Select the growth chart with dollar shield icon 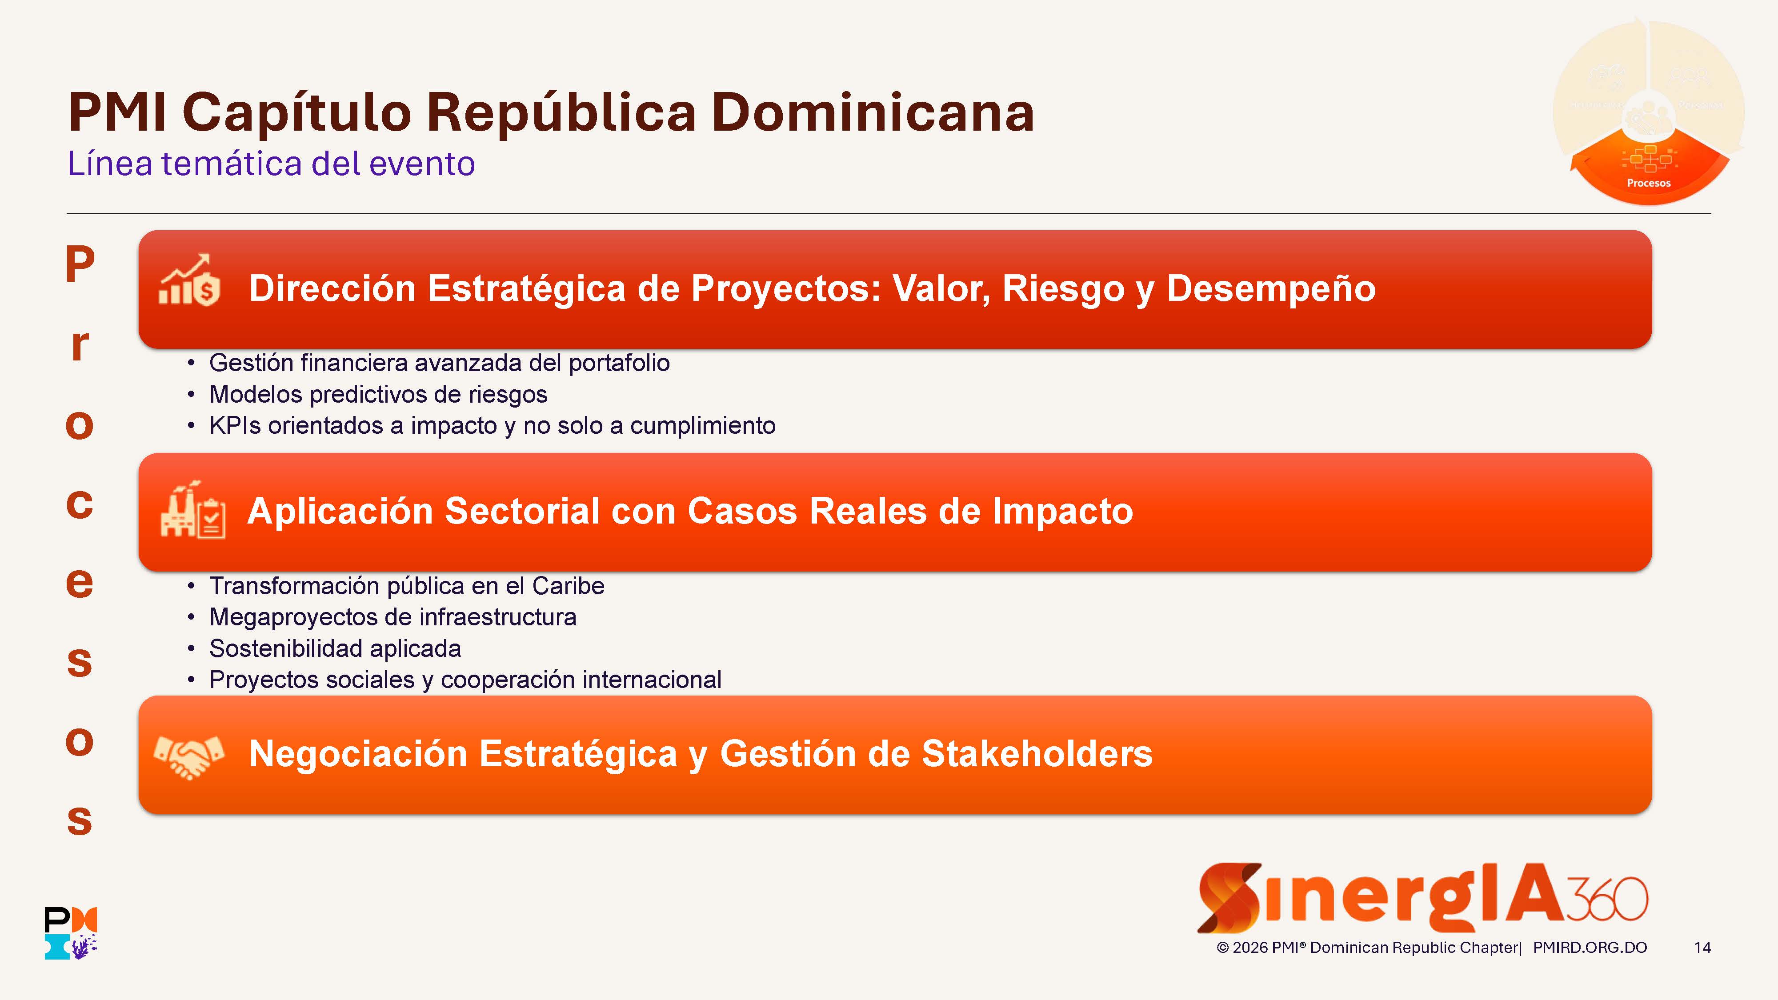(189, 280)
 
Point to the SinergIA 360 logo (1422, 897)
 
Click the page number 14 (1702, 948)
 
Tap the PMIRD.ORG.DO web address (1590, 948)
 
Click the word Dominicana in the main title (873, 112)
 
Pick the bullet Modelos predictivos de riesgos (378, 394)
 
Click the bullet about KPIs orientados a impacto (492, 426)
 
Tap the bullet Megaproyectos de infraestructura (393, 617)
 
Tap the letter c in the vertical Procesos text (80, 504)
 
